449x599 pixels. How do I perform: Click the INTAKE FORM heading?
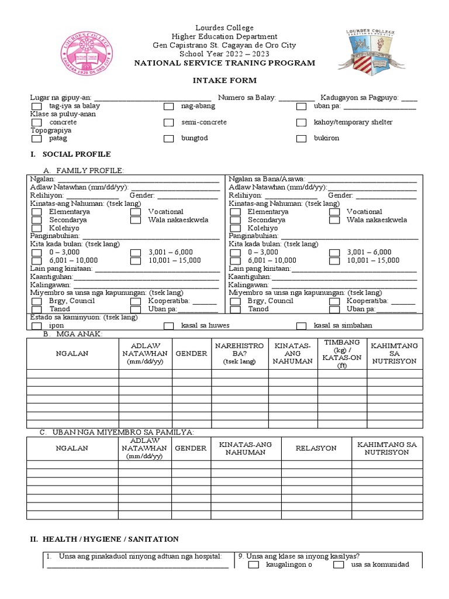point(225,80)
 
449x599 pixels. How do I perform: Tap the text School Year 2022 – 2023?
point(224,54)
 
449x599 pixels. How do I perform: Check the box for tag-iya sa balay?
point(36,106)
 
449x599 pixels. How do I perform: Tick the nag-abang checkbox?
point(169,106)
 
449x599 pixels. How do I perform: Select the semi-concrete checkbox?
point(169,123)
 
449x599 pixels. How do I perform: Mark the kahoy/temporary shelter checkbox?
point(302,123)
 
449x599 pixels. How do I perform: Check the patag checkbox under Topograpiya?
point(36,139)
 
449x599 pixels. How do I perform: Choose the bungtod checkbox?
point(169,139)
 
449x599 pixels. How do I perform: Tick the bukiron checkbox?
point(302,139)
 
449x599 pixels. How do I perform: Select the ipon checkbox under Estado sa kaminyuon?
point(36,326)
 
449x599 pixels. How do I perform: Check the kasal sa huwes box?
point(169,326)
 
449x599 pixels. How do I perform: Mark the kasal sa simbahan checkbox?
point(302,326)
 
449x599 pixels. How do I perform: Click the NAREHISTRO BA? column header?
point(239,353)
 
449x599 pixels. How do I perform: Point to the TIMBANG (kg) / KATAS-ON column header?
point(342,353)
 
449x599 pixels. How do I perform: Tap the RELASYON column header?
point(316,448)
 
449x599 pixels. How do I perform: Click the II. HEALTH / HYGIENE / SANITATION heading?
point(104,539)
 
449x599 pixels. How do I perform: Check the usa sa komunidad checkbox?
point(339,565)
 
